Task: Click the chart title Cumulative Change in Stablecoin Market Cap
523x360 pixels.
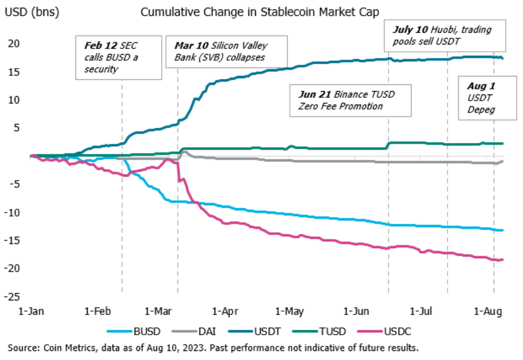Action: (261, 12)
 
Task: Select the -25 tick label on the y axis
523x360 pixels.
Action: (13, 296)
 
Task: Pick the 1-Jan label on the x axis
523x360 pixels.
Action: (32, 310)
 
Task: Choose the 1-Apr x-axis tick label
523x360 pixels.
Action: (225, 310)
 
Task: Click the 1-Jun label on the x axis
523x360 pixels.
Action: (354, 310)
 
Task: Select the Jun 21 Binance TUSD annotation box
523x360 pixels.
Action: (350, 100)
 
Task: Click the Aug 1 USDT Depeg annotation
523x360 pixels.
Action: (486, 98)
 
